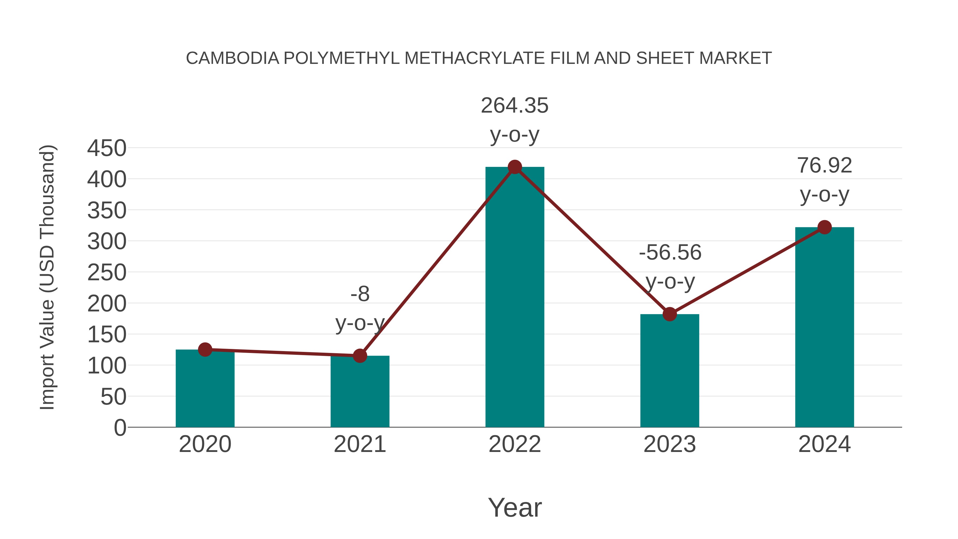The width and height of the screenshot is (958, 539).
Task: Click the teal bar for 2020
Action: (205, 389)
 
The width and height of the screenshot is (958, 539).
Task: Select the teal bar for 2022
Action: (515, 298)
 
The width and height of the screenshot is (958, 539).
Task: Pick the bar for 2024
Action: (824, 327)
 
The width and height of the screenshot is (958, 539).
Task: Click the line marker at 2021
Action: (360, 356)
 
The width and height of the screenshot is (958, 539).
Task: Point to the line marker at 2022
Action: (515, 167)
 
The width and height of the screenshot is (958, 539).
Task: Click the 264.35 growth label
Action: (515, 106)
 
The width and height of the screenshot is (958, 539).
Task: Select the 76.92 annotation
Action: (824, 166)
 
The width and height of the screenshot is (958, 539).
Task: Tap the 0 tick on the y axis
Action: (120, 427)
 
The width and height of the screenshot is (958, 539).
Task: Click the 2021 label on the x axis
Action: (360, 444)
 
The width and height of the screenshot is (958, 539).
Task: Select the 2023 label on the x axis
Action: (670, 444)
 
